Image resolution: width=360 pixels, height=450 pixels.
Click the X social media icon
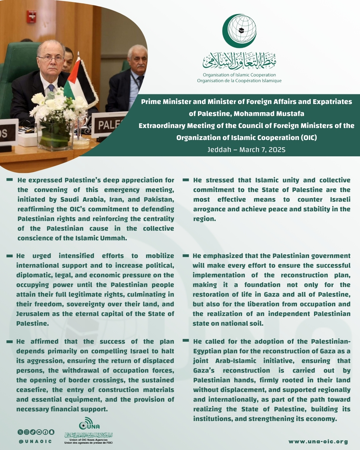click(x=20, y=432)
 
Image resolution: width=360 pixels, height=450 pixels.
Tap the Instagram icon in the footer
click(x=26, y=432)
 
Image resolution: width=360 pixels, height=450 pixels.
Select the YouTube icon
click(x=39, y=432)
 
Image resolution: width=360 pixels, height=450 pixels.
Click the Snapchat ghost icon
click(x=52, y=432)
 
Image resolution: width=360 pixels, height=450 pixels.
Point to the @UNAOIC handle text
click(x=36, y=441)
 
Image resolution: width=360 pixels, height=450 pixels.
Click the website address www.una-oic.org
click(x=318, y=442)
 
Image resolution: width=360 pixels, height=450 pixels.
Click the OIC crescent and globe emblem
click(x=240, y=31)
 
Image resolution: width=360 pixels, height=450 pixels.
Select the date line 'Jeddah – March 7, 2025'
click(x=246, y=150)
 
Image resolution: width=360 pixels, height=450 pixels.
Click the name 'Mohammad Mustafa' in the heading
click(x=269, y=114)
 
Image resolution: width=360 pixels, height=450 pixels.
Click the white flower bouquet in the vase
click(x=57, y=107)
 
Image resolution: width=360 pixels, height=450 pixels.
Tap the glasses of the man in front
click(x=51, y=59)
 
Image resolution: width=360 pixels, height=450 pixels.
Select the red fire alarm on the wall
click(x=32, y=16)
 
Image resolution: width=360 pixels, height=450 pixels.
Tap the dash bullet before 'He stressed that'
click(x=186, y=180)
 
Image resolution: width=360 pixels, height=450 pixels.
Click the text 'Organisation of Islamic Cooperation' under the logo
click(x=239, y=75)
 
